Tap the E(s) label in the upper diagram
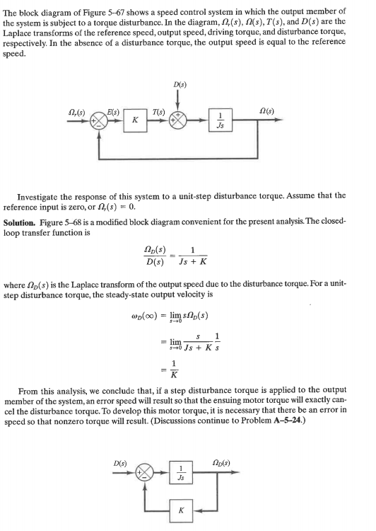tap(113, 109)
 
